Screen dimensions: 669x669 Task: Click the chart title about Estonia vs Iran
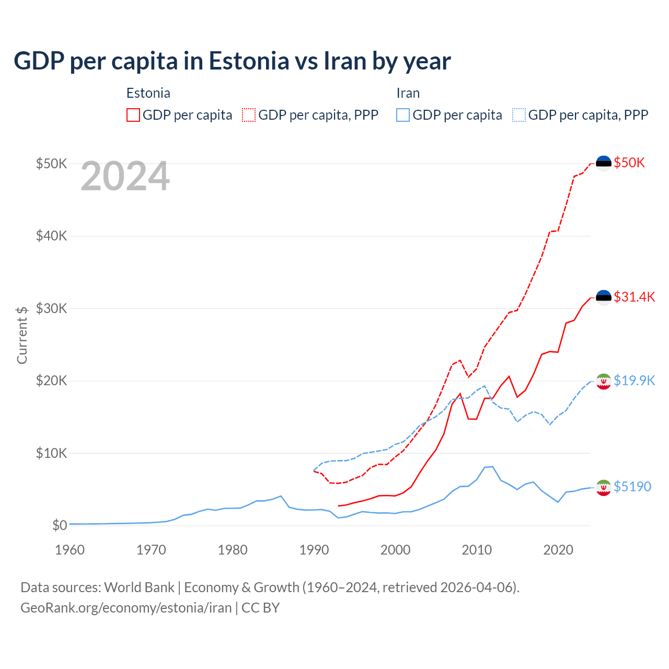[x=232, y=61]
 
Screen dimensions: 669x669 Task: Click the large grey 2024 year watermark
[x=125, y=177]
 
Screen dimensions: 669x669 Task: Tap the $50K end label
[x=629, y=163]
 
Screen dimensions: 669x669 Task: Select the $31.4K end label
[x=634, y=297]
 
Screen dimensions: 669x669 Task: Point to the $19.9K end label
[x=634, y=380]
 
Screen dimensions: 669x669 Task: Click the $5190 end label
[x=632, y=487]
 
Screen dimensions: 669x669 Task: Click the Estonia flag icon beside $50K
[x=604, y=163]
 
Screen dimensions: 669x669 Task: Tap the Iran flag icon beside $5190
[x=604, y=488]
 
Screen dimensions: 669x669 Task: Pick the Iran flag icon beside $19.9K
[x=604, y=382]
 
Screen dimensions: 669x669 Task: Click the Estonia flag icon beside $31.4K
[x=604, y=297]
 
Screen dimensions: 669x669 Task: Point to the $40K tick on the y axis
[x=51, y=236]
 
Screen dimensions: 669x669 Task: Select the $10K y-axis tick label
[x=51, y=453]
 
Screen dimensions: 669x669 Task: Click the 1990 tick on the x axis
[x=314, y=550]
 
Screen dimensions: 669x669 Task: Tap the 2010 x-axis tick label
[x=477, y=550]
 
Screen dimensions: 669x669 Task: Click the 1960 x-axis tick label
[x=70, y=550]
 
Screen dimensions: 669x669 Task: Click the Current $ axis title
[x=22, y=335]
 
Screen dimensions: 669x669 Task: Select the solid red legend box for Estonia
[x=133, y=115]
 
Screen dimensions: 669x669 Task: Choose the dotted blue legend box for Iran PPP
[x=519, y=115]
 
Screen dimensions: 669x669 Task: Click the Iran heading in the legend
[x=408, y=93]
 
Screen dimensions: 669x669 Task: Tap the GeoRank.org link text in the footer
[x=126, y=608]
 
